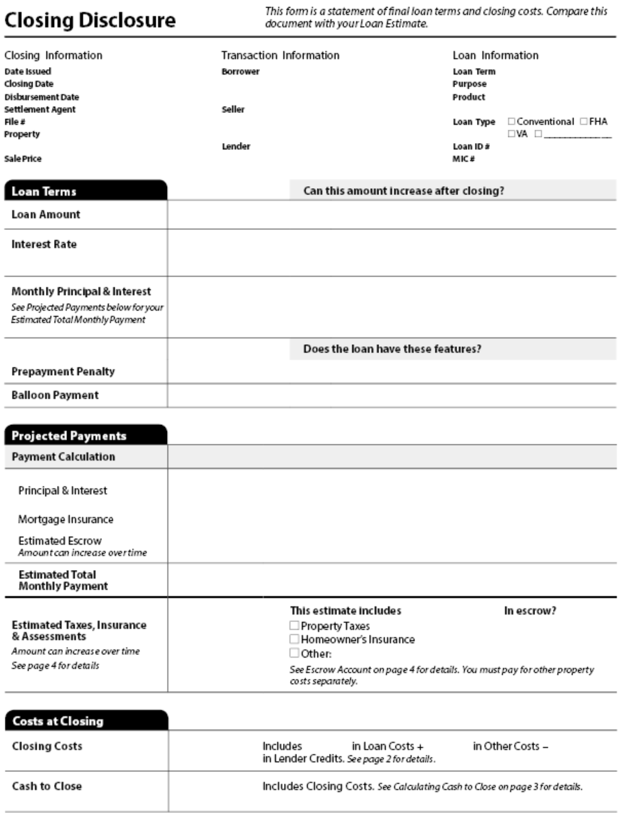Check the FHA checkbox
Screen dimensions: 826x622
(x=583, y=121)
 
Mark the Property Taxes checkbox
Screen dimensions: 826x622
(x=294, y=625)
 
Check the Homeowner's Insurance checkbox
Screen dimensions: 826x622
(x=294, y=639)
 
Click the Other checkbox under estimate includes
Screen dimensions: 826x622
(x=294, y=652)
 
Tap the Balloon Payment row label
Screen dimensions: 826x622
(x=55, y=395)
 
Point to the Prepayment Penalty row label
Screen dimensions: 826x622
(x=63, y=372)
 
